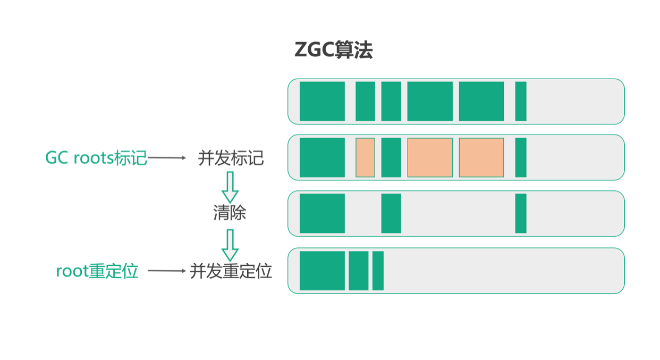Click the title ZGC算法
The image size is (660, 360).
click(x=333, y=51)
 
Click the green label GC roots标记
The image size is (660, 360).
click(x=96, y=158)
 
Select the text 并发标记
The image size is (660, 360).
click(x=231, y=158)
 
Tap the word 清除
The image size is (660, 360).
click(x=230, y=213)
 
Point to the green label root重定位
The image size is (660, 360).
click(x=97, y=271)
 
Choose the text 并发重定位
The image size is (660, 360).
click(x=231, y=271)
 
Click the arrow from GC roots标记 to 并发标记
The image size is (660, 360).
click(x=167, y=158)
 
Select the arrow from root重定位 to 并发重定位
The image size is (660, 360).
click(x=166, y=271)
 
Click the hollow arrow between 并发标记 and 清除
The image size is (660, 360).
click(x=230, y=186)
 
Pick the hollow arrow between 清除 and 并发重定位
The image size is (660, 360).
click(x=230, y=245)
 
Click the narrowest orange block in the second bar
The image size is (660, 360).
click(x=365, y=157)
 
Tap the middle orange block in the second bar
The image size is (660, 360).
click(x=430, y=157)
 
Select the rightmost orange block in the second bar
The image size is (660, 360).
click(x=481, y=157)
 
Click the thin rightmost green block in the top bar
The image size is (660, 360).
click(x=521, y=101)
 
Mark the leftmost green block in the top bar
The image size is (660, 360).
click(x=322, y=101)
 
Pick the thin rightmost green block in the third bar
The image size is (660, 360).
click(x=521, y=213)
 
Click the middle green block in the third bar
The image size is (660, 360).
click(x=391, y=213)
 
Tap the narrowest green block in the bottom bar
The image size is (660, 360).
click(x=378, y=271)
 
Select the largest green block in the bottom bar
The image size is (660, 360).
click(x=322, y=271)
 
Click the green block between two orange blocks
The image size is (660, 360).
click(x=391, y=157)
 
